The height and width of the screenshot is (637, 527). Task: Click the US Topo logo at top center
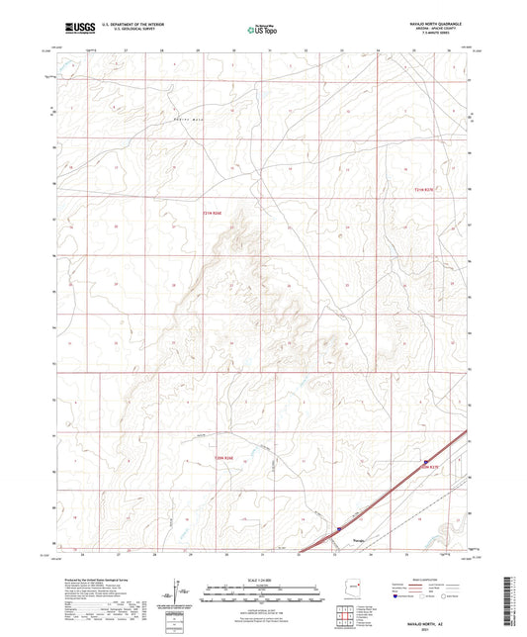coord(262,29)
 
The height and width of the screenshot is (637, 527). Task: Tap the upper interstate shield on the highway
coord(426,461)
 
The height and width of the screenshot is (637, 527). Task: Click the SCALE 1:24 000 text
coord(262,579)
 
